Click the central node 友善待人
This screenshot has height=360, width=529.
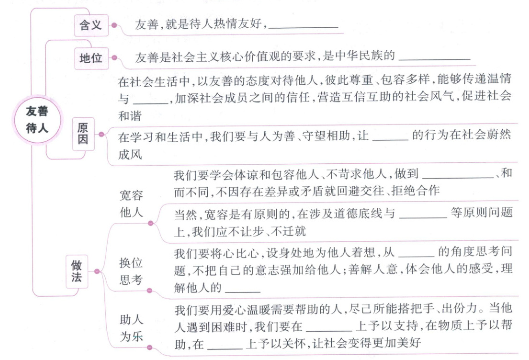(x=37, y=119)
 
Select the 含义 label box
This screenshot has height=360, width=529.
(x=90, y=25)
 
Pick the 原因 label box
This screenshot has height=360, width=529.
(x=83, y=135)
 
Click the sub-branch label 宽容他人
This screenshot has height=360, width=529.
(x=131, y=204)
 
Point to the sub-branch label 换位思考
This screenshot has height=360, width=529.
(x=131, y=271)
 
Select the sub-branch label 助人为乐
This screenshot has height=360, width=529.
(x=131, y=328)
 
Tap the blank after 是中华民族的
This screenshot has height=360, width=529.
(x=434, y=57)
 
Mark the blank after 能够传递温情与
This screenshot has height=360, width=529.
(x=150, y=100)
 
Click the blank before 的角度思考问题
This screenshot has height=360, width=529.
(x=416, y=252)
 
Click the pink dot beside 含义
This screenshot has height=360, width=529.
(x=114, y=25)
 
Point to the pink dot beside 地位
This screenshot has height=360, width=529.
(x=114, y=58)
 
